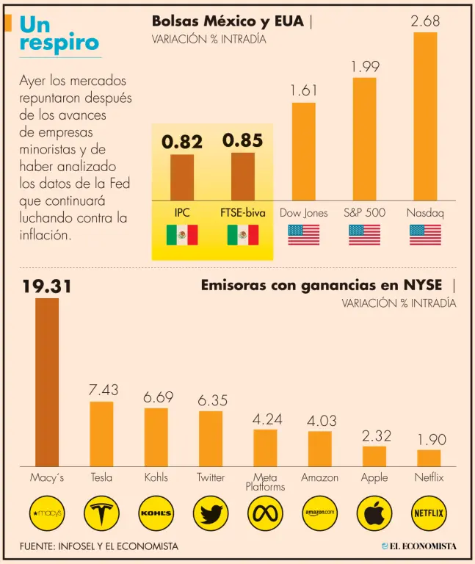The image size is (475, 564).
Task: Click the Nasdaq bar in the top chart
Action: (425, 116)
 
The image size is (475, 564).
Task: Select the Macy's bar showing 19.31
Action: (47, 382)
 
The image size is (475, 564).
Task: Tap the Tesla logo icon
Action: (101, 513)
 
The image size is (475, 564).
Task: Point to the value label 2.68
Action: (425, 21)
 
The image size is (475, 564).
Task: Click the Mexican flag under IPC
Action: (182, 235)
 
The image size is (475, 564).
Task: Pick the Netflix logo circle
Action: (429, 513)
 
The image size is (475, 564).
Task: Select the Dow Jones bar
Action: (304, 151)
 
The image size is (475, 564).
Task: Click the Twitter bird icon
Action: (211, 513)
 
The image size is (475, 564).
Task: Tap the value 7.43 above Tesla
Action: (103, 390)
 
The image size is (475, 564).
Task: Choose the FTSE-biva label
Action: (243, 213)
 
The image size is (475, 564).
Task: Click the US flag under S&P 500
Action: (364, 235)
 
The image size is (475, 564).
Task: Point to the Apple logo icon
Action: (374, 513)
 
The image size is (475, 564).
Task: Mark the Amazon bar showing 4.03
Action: (319, 448)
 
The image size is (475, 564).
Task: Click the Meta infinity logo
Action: (265, 513)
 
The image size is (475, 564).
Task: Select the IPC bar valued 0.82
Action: (182, 177)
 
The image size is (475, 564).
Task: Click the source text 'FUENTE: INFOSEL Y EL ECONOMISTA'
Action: (99, 546)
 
